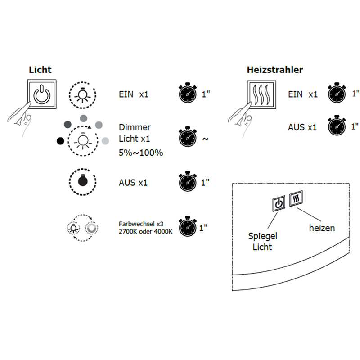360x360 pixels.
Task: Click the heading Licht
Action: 40,70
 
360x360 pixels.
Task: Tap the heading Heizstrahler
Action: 274,70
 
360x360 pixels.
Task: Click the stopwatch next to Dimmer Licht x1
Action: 188,138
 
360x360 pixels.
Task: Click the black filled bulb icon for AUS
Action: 82,182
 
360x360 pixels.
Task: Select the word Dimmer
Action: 135,127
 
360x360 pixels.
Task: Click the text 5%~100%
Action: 141,153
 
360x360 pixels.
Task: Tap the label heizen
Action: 322,228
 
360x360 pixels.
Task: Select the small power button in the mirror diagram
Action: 279,203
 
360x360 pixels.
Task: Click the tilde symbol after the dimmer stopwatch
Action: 206,139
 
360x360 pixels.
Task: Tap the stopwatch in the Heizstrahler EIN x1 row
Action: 337,94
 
